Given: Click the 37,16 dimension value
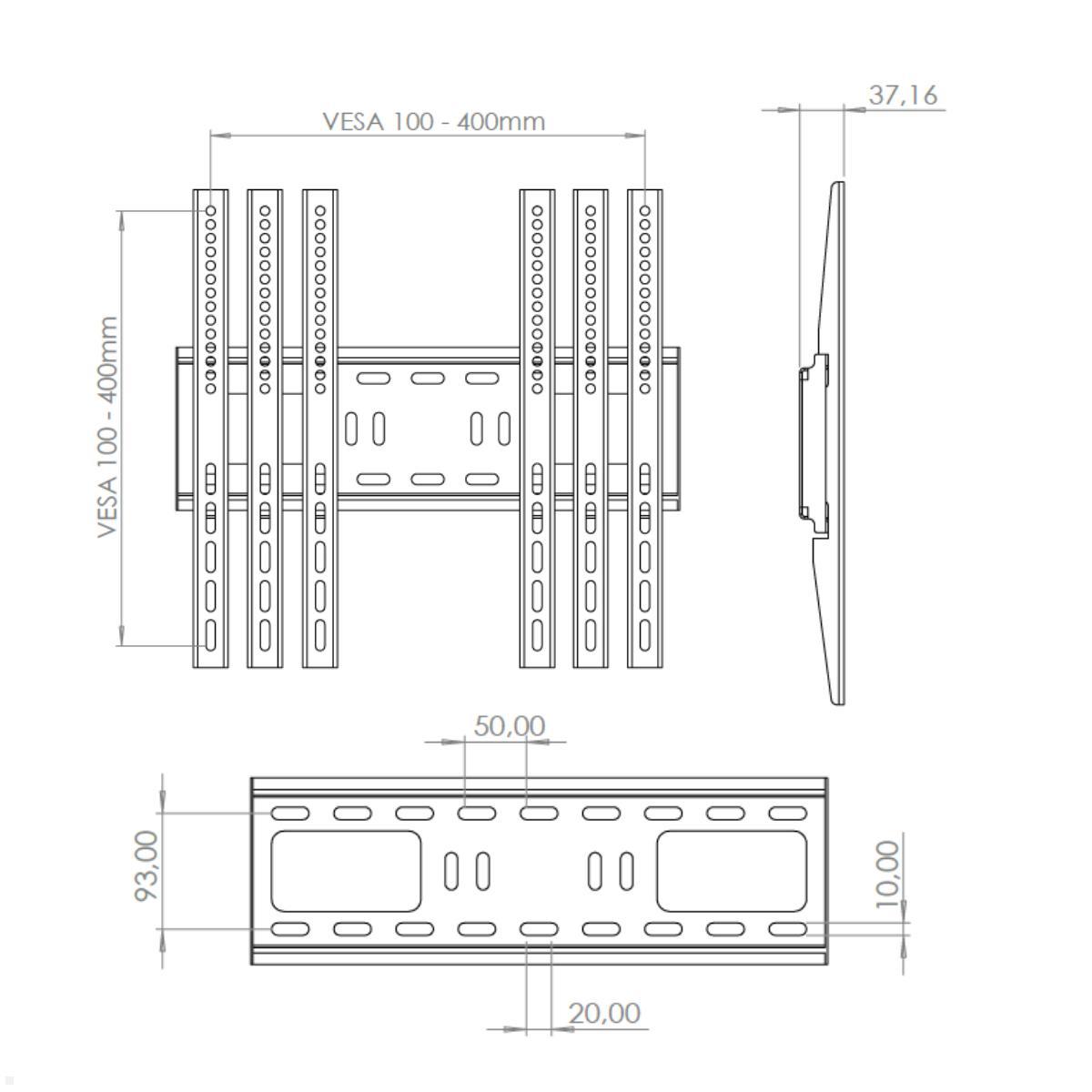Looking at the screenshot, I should [902, 95].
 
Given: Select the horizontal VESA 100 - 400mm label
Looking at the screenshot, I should [434, 121].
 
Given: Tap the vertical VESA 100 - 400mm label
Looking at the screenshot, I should [108, 427].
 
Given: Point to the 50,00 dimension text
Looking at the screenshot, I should [510, 726].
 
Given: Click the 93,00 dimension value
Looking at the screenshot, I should [147, 865].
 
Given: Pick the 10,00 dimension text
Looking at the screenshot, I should [886, 874].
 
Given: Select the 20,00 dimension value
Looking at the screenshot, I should [604, 1013].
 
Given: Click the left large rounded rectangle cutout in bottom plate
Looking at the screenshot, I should [346, 871].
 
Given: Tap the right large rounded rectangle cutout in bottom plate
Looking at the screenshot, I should [732, 871].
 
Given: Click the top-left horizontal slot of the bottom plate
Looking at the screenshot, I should [289, 813].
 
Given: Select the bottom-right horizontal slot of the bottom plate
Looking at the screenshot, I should [787, 929].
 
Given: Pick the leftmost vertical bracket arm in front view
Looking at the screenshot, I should [210, 428].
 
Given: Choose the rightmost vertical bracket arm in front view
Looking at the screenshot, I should [644, 428].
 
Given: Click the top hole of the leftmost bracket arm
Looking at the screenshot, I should [210, 210].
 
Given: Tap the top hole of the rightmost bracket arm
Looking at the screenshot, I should [644, 210].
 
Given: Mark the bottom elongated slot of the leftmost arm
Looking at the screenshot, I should [210, 635].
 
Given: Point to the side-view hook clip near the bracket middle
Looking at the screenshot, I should [804, 371].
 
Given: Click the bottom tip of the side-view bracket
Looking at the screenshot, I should [838, 703].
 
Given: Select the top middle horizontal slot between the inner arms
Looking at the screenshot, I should [428, 378].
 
